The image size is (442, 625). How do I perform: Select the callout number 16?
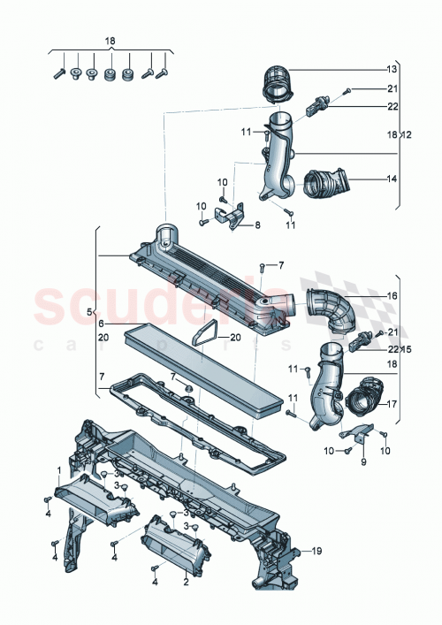(392, 297)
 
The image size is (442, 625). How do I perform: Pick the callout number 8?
(257, 225)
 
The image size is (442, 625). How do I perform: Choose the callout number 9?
(362, 461)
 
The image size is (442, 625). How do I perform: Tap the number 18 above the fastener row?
(110, 42)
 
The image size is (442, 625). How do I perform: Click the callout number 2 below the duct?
(186, 583)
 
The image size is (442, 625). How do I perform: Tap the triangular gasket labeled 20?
(205, 330)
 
